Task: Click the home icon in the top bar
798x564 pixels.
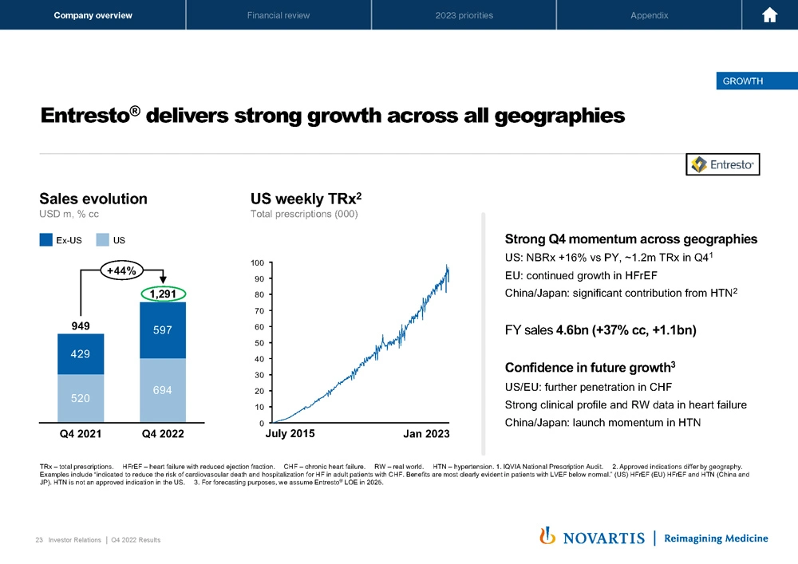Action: [770, 15]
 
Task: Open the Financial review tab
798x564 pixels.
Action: [279, 15]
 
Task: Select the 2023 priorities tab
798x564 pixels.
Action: [464, 15]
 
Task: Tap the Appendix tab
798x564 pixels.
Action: [649, 15]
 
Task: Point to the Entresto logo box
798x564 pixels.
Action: [723, 164]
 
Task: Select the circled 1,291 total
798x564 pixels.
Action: [163, 294]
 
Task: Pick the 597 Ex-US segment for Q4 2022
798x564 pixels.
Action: [163, 329]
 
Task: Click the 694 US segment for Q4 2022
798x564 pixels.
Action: [163, 389]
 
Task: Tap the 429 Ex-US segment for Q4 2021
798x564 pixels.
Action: [81, 353]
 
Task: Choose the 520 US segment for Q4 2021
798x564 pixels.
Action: [81, 397]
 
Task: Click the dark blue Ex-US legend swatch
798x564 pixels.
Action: [46, 239]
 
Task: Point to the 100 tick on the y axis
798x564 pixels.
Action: [257, 262]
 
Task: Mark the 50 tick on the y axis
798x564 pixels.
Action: [259, 343]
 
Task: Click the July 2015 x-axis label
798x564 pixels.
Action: [290, 434]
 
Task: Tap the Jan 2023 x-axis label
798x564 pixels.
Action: [427, 434]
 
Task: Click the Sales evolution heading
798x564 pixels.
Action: [93, 199]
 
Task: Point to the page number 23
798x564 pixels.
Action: [39, 540]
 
